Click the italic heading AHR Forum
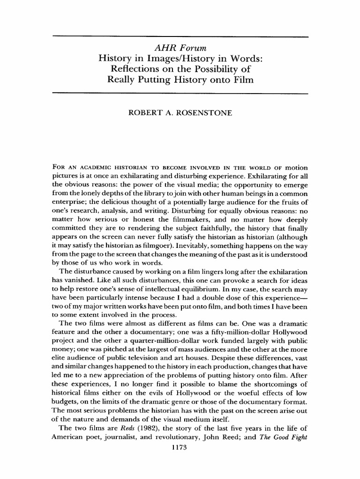(x=180, y=48)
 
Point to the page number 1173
(x=180, y=447)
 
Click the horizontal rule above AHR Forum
(x=180, y=36)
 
